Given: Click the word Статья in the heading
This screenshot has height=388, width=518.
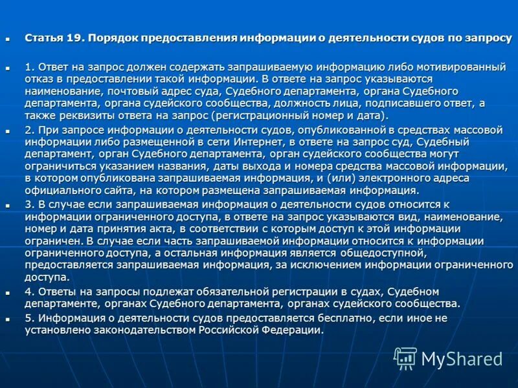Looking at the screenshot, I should point(43,38).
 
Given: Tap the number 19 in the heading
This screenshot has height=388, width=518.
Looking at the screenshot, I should point(72,38).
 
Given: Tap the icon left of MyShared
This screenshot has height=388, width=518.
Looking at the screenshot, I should point(405,358).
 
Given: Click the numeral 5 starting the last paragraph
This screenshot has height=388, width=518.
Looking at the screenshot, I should point(28,318).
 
